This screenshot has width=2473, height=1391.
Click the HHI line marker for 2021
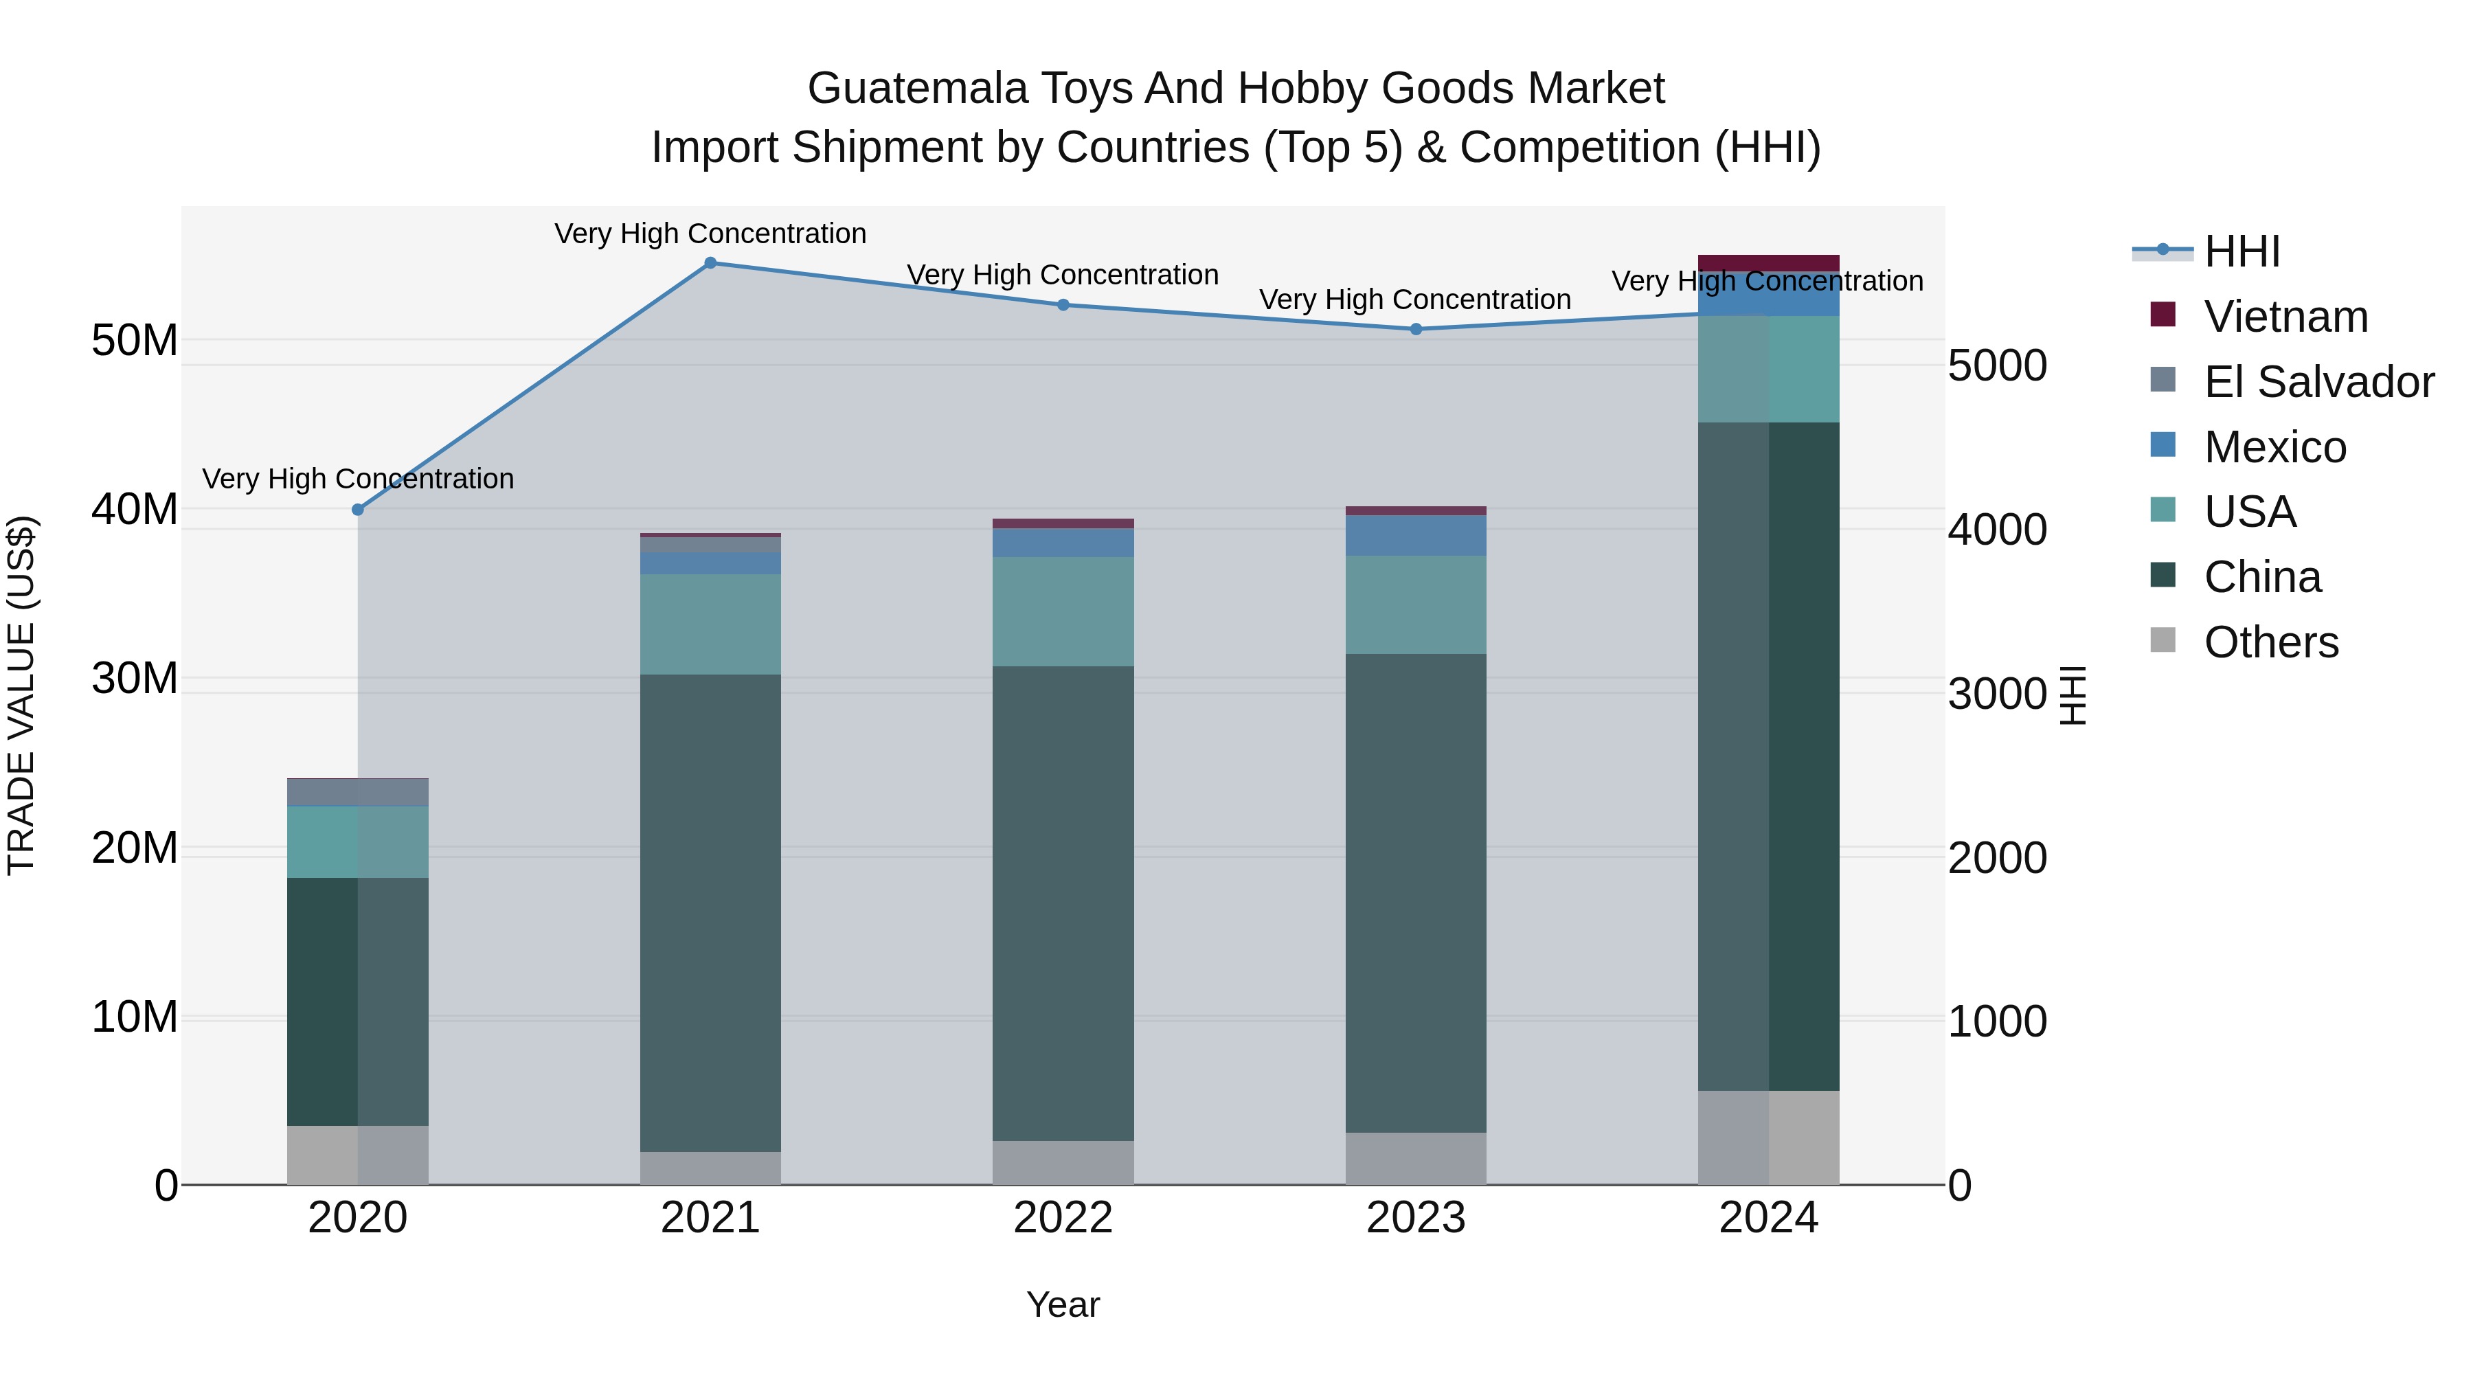(x=710, y=263)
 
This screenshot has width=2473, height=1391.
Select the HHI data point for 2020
(x=358, y=510)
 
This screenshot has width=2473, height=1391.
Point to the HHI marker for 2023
(x=1416, y=329)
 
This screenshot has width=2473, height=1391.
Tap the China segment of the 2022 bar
(x=1063, y=903)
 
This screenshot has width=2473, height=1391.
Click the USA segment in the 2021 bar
(x=710, y=624)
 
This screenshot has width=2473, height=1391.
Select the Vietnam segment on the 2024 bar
(x=1768, y=263)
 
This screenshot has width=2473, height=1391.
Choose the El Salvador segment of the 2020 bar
(x=358, y=793)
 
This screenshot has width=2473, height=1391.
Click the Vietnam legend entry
(x=2285, y=317)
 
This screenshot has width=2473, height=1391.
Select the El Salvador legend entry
(x=2318, y=382)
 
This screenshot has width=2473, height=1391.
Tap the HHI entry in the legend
(x=2241, y=251)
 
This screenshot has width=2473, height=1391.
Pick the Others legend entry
(x=2270, y=642)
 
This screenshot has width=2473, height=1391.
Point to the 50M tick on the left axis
(x=135, y=340)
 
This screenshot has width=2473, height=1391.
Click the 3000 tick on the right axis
(x=1997, y=694)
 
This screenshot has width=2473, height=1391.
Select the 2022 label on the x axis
(x=1063, y=1218)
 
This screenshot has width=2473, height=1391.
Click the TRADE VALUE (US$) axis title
(x=21, y=695)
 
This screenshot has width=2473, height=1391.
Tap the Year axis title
(x=1063, y=1304)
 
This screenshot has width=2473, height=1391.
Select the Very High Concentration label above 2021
(x=710, y=234)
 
